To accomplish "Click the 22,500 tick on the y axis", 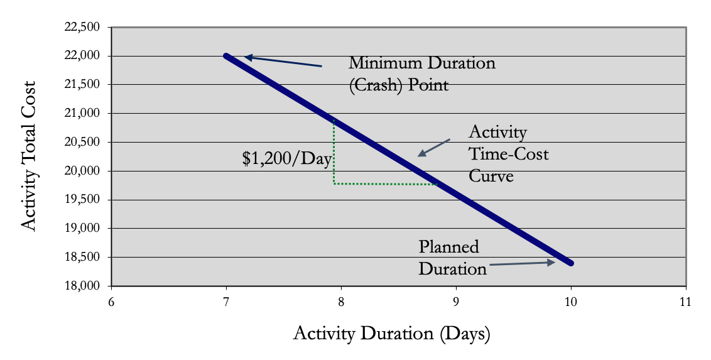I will [x=83, y=28].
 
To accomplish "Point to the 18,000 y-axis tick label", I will [x=83, y=286].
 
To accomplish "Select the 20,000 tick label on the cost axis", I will [x=83, y=172].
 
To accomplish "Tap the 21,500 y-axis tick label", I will [x=83, y=85].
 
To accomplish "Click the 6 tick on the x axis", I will [x=111, y=302].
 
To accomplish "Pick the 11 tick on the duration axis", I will [x=685, y=302].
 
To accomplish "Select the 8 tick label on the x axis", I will [x=341, y=302].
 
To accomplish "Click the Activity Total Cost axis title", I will [x=30, y=156].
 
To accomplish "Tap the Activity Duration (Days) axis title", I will [x=391, y=333].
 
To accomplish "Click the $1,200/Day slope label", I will [x=286, y=159].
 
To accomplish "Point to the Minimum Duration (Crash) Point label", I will [x=422, y=74].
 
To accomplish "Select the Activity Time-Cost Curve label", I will [x=508, y=154].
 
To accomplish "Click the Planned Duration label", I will [x=452, y=258].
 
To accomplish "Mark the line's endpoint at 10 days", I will [x=570, y=263].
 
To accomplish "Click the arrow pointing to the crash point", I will [x=283, y=62].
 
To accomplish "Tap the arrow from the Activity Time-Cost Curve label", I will [x=434, y=148].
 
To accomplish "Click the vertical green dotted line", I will [x=334, y=151].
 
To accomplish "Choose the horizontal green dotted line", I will [x=385, y=184].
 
